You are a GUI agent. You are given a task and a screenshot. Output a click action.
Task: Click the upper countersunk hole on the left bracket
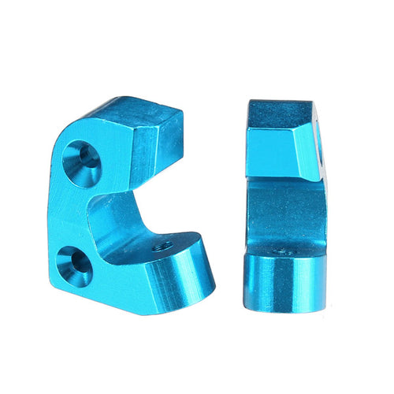click(x=82, y=155)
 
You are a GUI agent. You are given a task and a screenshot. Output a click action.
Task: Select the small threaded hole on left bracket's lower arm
click(x=164, y=247)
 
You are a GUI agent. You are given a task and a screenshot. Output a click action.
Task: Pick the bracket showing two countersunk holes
click(x=118, y=205)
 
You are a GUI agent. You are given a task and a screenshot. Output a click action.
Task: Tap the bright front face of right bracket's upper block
click(x=272, y=154)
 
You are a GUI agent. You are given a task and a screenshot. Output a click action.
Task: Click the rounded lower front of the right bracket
click(x=284, y=284)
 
